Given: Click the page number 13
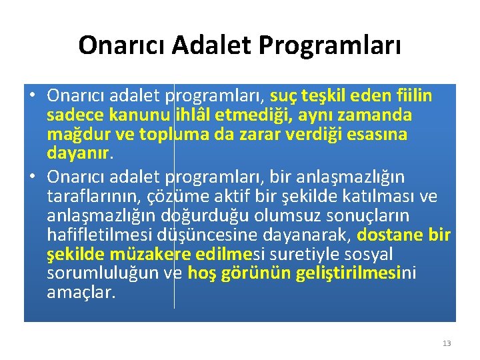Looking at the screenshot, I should (x=447, y=343).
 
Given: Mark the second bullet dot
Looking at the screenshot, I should (x=32, y=177).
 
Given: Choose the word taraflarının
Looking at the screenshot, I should (x=87, y=197).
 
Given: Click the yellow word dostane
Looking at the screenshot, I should (x=390, y=235).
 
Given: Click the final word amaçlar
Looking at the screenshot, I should (x=81, y=293).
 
